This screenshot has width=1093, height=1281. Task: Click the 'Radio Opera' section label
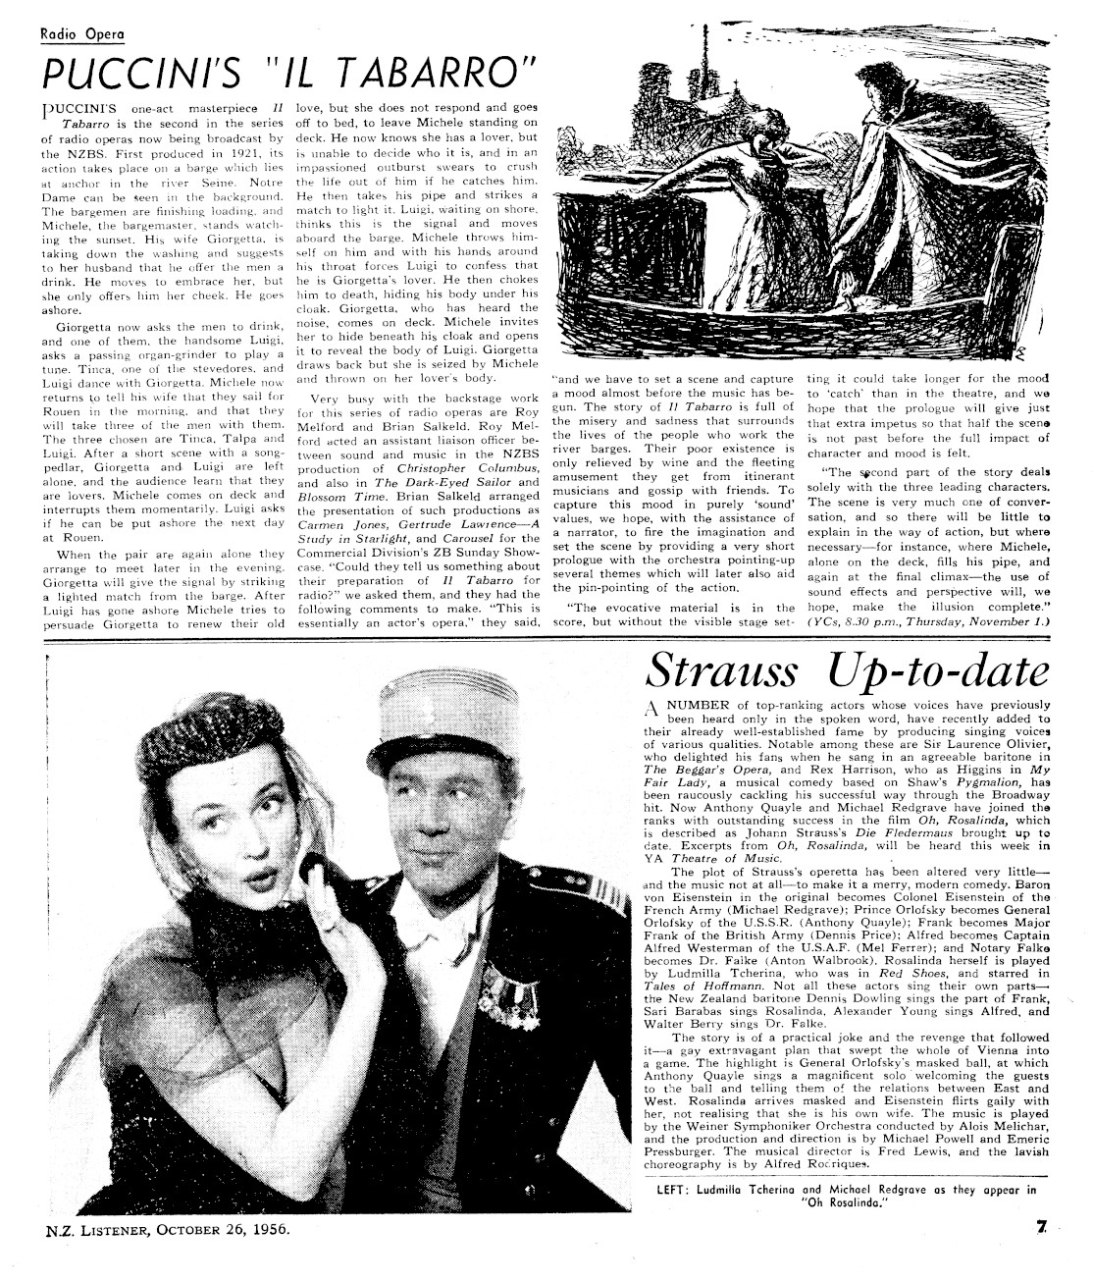[x=81, y=35]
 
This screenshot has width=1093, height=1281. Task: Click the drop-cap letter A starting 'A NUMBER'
[x=654, y=711]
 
